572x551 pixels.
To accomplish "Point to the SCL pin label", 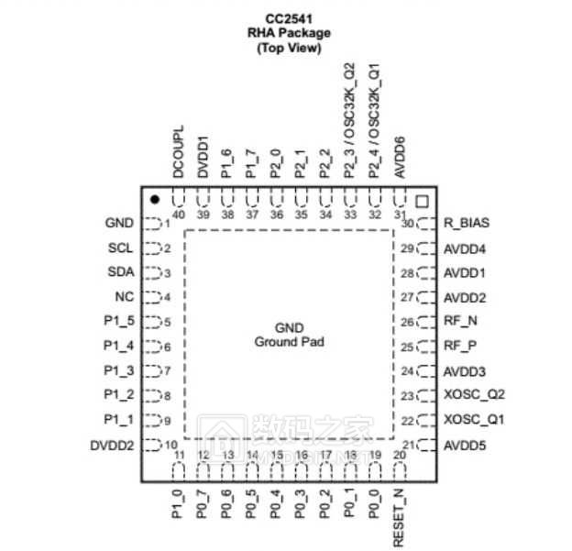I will point(120,248).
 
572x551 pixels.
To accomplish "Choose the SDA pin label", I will point(120,272).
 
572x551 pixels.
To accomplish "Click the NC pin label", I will point(125,297).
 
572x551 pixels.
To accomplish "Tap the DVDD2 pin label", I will point(112,445).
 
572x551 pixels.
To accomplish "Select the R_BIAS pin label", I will point(467,223).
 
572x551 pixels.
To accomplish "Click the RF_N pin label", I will point(460,322).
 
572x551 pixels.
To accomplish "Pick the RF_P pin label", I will point(460,347).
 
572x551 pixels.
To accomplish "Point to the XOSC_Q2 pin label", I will point(474,396).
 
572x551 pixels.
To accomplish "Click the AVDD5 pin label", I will point(465,446).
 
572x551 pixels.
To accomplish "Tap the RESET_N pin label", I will point(400,518).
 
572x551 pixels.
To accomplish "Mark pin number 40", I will point(179,215).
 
